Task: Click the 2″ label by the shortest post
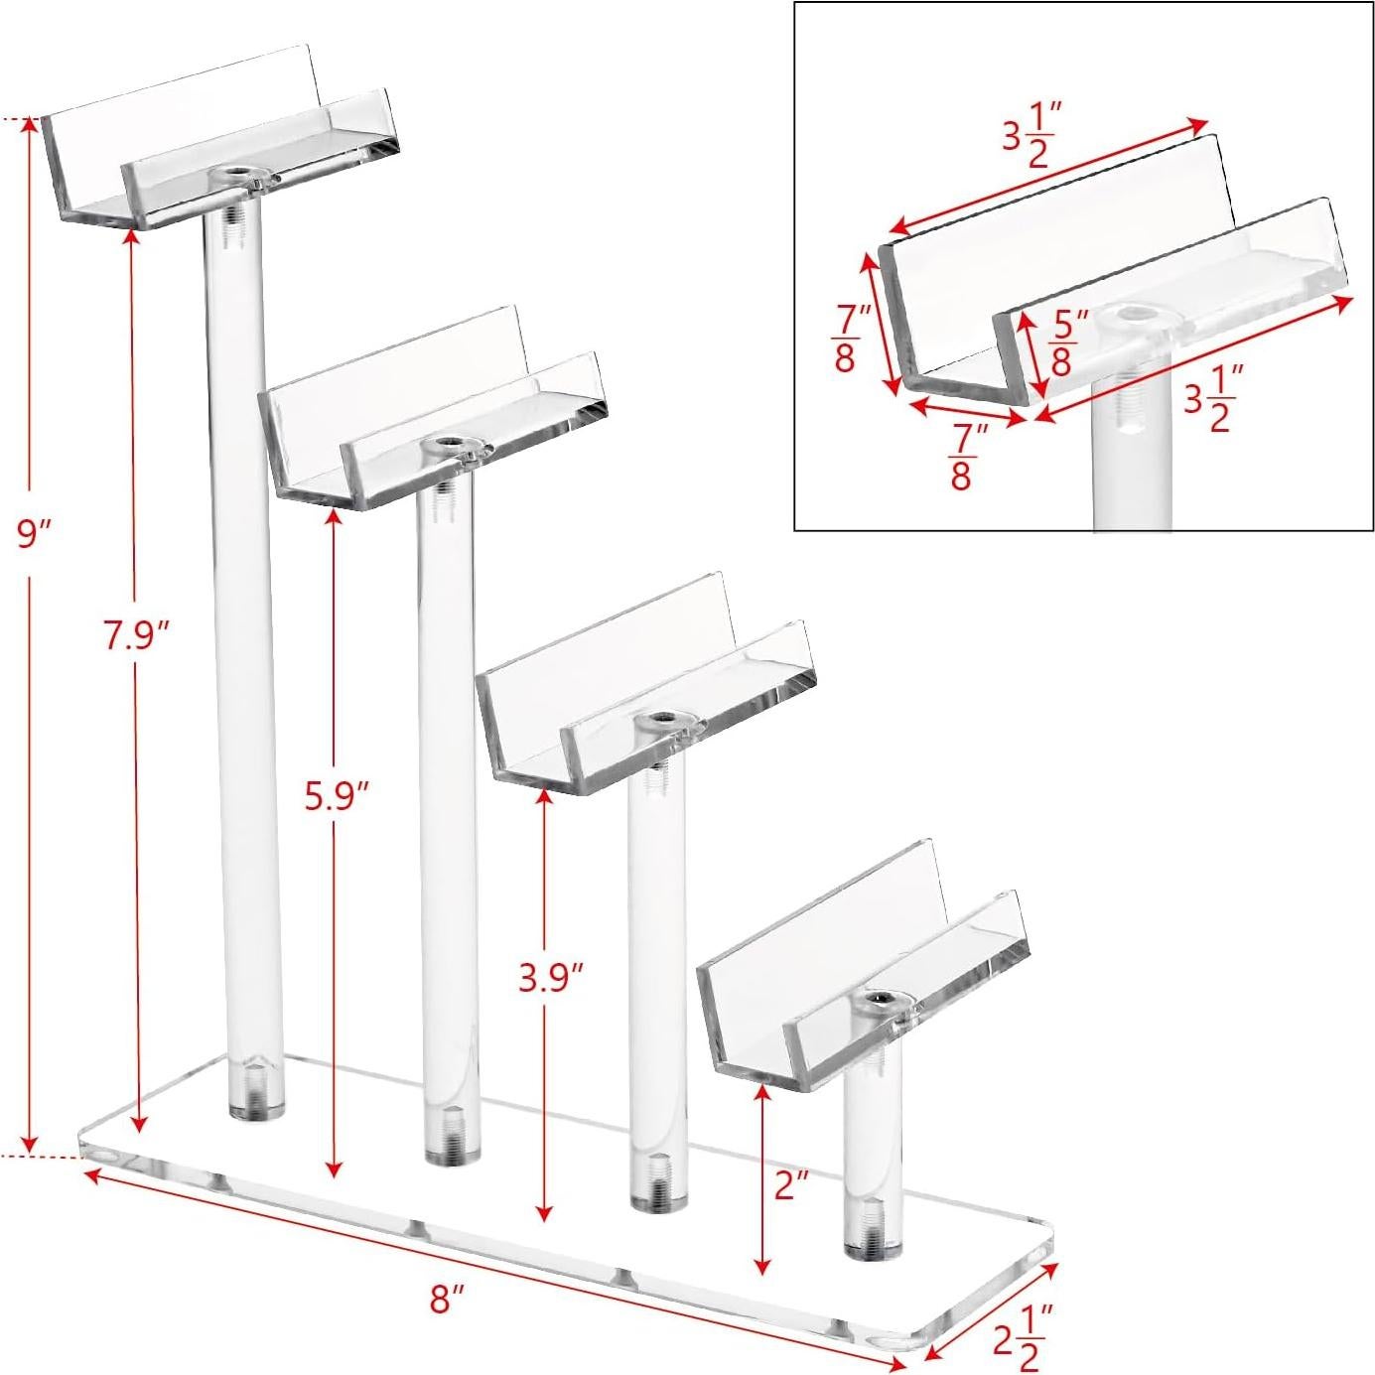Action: click(792, 1184)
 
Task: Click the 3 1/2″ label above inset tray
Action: click(1031, 137)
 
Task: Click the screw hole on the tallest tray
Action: click(235, 173)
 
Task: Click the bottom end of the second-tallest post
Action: click(453, 1151)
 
